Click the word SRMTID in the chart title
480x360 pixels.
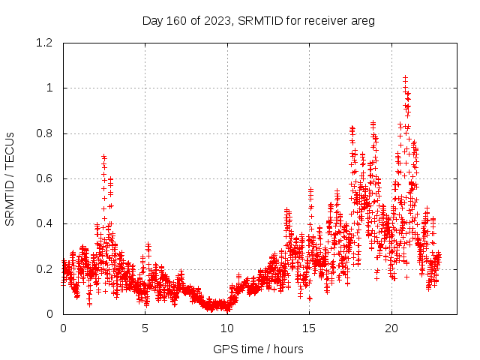coord(257,21)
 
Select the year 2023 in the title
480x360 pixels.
coord(216,21)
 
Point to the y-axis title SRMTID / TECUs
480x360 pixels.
coord(10,178)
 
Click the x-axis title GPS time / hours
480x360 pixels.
coord(258,349)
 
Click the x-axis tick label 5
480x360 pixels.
coord(145,328)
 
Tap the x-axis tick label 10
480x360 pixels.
coord(227,328)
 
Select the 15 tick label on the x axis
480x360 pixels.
coord(309,328)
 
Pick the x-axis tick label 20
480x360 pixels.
coord(391,328)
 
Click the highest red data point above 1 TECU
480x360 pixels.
coord(405,77)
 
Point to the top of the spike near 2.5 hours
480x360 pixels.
coord(103,156)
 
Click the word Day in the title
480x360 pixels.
coord(152,21)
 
